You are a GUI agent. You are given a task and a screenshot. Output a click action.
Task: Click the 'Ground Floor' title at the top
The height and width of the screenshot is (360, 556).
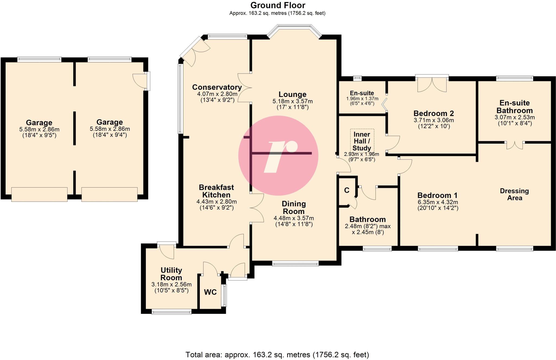coord(277,5)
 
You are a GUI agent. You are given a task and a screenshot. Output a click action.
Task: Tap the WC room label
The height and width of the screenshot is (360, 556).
coord(210,292)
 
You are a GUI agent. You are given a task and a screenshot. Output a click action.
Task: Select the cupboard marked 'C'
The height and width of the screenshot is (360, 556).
coord(347,190)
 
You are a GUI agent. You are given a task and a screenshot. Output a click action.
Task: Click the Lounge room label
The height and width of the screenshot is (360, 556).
coord(292,94)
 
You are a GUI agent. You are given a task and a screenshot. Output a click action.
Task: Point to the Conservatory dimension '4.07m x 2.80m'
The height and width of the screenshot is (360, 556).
coord(217,94)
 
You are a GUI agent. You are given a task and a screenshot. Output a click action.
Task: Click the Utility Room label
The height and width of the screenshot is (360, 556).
coord(171,274)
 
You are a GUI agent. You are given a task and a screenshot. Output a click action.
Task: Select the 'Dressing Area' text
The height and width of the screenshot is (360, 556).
coord(514,194)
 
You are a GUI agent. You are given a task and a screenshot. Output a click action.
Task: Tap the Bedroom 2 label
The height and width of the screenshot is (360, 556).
coord(433,113)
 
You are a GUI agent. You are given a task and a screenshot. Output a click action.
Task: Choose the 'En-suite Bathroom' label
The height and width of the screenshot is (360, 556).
coord(514,107)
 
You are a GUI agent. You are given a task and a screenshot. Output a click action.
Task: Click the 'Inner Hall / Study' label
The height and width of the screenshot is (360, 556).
coord(362,141)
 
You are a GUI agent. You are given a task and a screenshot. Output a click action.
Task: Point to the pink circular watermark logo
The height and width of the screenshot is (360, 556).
coord(278,156)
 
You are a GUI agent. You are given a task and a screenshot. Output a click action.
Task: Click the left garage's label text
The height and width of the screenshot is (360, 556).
coord(39,122)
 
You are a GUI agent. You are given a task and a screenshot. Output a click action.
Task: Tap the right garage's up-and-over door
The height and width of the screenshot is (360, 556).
coord(109,194)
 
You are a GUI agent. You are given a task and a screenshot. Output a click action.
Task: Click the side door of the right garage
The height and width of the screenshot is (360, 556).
coord(147,81)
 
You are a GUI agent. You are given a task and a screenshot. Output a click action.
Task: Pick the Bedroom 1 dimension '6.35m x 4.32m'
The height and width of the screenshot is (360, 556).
coord(438,202)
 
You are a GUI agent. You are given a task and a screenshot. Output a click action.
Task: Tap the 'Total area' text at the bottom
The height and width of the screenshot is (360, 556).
coord(277,355)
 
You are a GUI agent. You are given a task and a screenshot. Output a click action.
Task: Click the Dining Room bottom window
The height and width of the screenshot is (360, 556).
coord(295,263)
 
